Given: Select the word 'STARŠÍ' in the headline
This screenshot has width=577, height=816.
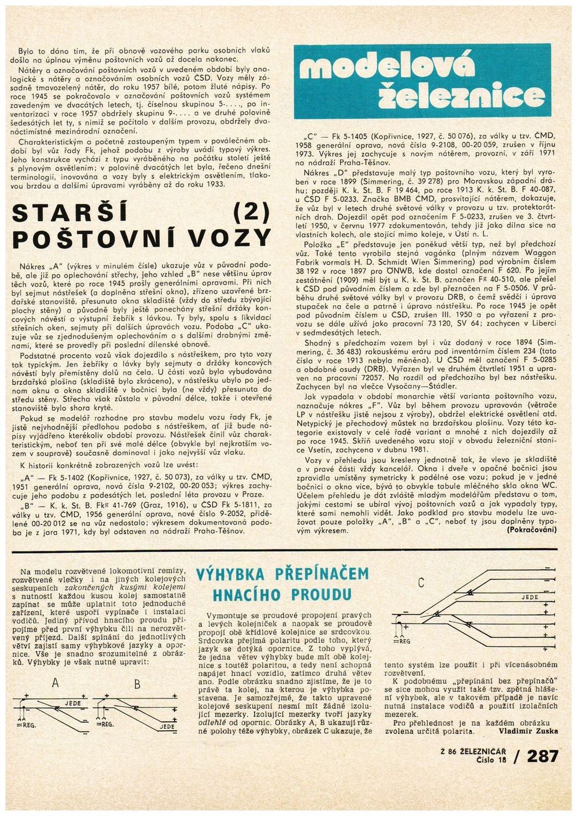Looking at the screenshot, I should tap(69, 212).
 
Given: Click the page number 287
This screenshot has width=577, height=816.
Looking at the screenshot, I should tap(542, 756).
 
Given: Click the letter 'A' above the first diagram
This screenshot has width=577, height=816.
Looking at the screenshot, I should tap(55, 684).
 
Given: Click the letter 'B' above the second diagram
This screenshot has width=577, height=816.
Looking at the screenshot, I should tap(137, 684).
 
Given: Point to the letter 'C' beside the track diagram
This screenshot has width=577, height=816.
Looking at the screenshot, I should tap(420, 583).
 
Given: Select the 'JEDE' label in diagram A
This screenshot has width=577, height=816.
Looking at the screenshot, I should tap(72, 703).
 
